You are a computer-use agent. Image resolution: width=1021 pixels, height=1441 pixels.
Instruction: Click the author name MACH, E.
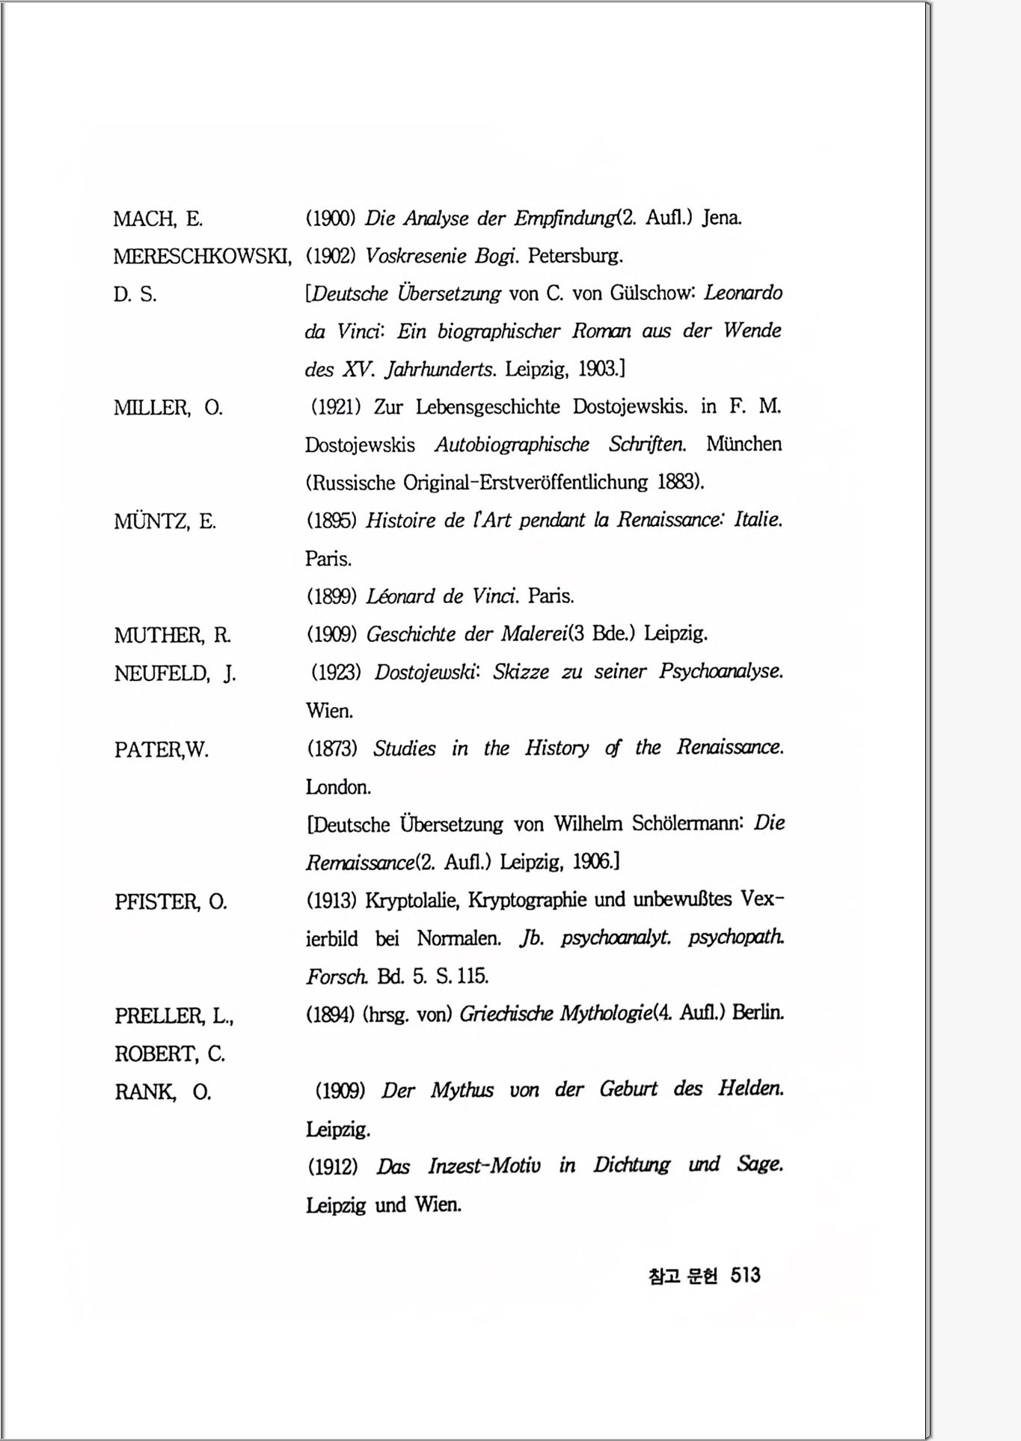(x=158, y=219)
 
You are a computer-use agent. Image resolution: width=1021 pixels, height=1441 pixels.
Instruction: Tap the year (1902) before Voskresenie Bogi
(x=331, y=257)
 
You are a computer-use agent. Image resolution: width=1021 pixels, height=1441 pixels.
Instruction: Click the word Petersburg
(x=574, y=257)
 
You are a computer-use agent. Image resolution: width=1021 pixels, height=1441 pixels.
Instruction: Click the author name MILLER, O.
(x=168, y=409)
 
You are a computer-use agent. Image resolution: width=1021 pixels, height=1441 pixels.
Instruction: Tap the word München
(x=743, y=444)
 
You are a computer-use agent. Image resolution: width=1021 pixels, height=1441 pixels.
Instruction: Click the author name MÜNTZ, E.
(x=165, y=521)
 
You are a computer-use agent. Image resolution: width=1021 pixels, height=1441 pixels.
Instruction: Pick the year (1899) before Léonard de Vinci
(x=331, y=596)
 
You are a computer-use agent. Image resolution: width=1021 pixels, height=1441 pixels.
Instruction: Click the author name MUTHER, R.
(x=172, y=635)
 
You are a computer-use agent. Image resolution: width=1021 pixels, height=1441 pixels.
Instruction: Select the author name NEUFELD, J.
(x=175, y=673)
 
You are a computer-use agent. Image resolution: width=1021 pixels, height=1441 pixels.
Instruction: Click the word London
(x=338, y=787)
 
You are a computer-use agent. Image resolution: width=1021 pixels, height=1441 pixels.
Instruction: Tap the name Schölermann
(x=686, y=824)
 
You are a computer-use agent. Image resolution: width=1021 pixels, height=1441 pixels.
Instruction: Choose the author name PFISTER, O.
(x=171, y=902)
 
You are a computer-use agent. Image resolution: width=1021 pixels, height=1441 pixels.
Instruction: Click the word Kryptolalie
(x=411, y=900)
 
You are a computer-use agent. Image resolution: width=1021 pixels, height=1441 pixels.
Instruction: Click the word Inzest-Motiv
(x=484, y=1166)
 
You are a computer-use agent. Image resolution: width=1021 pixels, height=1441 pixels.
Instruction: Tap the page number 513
(x=745, y=1275)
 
